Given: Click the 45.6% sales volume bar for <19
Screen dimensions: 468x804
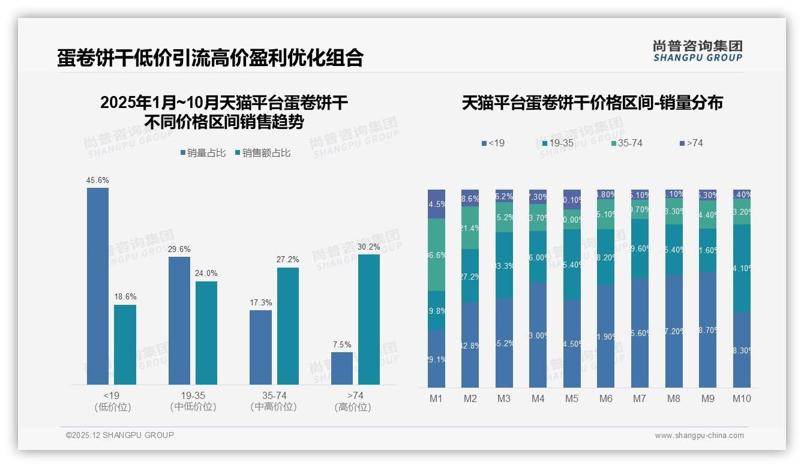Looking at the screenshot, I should pos(98,286).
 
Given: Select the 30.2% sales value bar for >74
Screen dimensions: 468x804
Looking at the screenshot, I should pos(369,319).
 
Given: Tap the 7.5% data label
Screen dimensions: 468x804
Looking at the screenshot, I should pos(342,344).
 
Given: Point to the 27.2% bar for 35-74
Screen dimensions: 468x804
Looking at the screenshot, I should pos(288,326).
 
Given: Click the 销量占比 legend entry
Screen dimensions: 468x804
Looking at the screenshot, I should pos(203,153).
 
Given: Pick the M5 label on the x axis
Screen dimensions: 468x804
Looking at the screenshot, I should pos(572,399).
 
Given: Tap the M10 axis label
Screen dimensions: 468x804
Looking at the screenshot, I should pos(742,399).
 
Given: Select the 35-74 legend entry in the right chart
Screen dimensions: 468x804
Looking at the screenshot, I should pos(626,143).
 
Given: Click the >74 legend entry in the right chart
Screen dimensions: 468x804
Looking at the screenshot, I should pos(691,143).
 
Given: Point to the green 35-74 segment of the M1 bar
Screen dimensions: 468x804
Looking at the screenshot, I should pos(437,254).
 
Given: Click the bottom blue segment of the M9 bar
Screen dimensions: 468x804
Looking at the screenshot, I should pos(708,329).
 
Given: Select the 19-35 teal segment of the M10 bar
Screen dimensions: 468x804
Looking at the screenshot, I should pos(742,268).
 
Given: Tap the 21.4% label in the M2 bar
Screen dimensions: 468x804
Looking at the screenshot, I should pos(470,228).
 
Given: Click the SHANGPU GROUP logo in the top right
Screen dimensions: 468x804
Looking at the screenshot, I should pos(698,50).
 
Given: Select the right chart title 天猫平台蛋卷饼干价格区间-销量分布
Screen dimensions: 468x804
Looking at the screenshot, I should pos(592,103).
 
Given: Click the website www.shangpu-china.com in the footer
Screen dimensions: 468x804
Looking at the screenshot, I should pos(699,436).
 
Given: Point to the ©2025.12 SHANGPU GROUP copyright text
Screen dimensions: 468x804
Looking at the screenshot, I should pos(120,435).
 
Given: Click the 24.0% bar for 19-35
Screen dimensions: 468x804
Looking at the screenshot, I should pos(206,332).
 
